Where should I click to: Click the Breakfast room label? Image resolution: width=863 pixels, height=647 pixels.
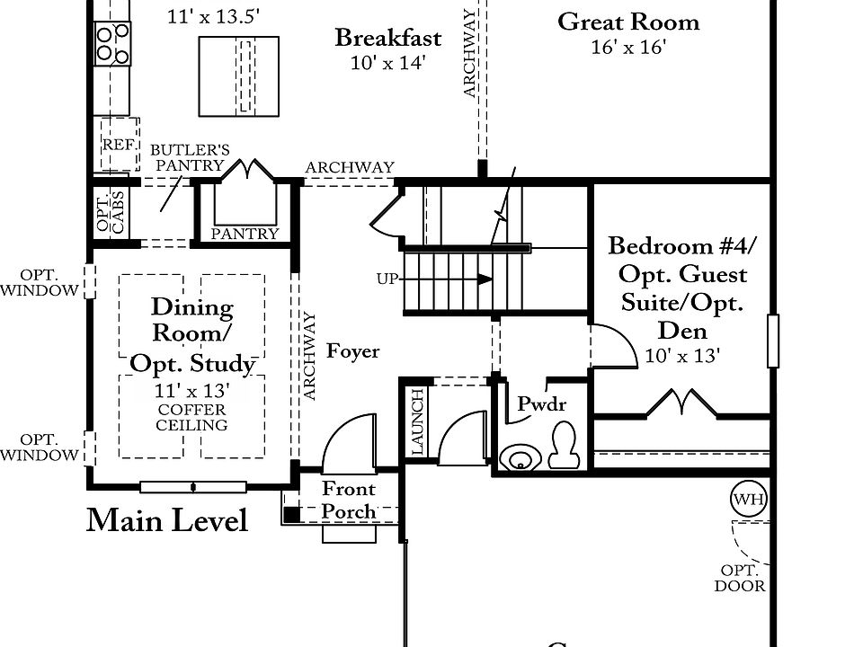click(388, 38)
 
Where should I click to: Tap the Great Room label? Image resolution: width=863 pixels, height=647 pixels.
click(628, 22)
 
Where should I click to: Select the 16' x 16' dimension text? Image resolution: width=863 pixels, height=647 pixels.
click(628, 48)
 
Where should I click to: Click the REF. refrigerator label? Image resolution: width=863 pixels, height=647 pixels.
click(120, 145)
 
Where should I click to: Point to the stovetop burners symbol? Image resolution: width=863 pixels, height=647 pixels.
click(112, 44)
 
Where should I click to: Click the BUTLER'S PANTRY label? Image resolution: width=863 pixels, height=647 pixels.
click(190, 157)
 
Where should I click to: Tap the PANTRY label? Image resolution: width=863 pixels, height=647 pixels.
click(245, 234)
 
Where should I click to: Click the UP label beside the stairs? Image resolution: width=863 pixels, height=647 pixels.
click(387, 279)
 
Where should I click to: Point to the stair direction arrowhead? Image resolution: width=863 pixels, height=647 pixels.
click(485, 279)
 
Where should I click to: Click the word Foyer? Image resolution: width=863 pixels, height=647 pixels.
click(352, 351)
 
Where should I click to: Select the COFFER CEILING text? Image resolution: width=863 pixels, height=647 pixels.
click(191, 418)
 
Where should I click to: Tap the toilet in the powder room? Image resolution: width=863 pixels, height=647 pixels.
click(563, 445)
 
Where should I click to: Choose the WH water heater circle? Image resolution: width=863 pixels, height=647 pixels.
click(749, 500)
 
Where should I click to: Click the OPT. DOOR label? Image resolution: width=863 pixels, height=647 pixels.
click(740, 578)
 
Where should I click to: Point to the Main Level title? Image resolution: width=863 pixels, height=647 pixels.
click(167, 520)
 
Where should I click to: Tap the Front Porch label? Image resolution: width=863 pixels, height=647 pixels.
click(349, 501)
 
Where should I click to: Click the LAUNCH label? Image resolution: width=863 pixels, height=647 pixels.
click(418, 422)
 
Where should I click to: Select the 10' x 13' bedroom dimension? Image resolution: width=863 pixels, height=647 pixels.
click(682, 356)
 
